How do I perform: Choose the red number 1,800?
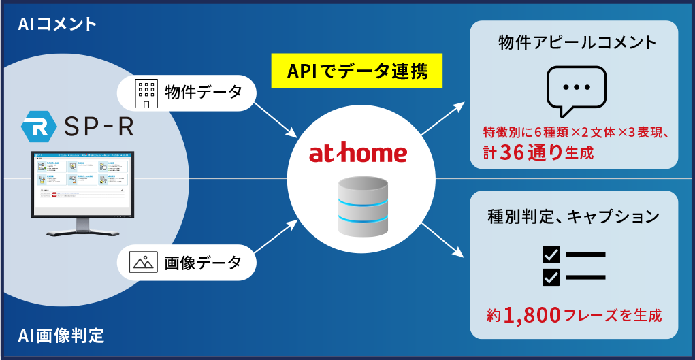532,314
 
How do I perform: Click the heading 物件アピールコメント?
577,43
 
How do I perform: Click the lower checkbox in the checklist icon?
551,277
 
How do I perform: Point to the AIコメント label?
58,24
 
